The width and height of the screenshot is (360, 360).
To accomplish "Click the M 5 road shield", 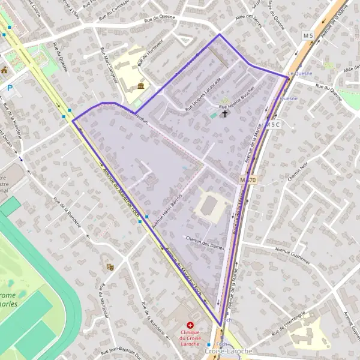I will tap(308, 37).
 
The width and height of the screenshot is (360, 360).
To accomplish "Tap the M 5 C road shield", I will tap(274, 124).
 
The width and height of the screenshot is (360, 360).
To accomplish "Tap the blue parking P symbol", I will tap(10, 88).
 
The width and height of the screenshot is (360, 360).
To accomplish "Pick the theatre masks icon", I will tap(109, 266).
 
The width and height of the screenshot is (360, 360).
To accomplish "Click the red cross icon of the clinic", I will tap(190, 325).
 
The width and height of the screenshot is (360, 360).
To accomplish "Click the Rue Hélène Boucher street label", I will tap(239, 98).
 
